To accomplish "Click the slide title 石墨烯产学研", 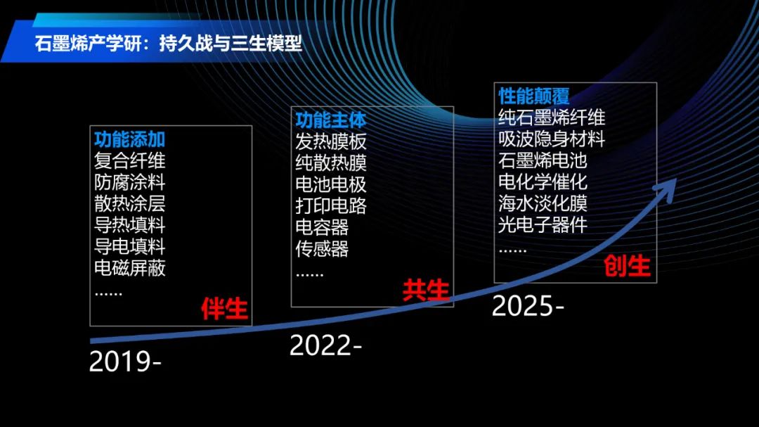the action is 89,44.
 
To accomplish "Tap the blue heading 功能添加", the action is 130,139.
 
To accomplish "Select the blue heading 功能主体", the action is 331,120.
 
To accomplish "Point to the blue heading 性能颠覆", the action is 534,96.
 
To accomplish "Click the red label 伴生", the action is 225,309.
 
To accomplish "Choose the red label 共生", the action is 426,291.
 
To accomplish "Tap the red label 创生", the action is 627,266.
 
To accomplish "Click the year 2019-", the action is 125,362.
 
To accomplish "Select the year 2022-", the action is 326,345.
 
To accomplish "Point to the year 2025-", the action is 528,306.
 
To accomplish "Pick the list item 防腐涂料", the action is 130,183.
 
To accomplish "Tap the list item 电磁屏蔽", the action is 130,268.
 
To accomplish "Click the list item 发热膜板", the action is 331,142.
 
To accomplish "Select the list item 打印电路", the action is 331,206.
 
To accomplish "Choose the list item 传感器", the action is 323,249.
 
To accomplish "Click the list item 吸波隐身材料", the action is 552,139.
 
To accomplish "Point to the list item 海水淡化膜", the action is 543,203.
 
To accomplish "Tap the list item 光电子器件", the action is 543,224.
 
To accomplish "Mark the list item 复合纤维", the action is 130,161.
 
